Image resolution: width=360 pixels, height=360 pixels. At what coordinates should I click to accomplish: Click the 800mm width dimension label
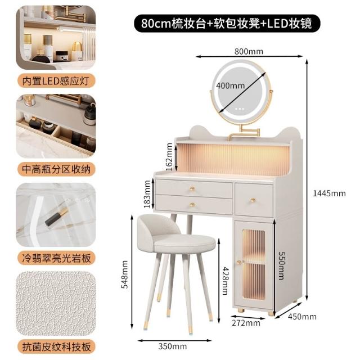coord(249,51)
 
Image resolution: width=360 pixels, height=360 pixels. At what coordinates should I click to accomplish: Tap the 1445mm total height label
coord(329,193)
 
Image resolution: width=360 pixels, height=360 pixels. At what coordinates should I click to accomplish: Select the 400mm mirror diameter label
coord(230,85)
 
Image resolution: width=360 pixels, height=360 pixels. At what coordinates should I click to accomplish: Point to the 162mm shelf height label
coord(169,156)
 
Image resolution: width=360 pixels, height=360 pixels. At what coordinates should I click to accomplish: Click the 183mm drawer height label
coord(147,194)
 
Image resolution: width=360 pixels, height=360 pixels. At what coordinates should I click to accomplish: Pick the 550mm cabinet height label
coord(282,265)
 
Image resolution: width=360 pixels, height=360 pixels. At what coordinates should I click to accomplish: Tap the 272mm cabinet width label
coord(246,323)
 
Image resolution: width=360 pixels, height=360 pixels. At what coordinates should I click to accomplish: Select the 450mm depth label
coord(302,317)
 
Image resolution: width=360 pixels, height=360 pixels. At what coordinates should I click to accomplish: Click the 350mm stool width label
coord(173,346)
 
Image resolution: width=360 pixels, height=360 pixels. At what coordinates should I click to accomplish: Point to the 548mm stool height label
coord(125,274)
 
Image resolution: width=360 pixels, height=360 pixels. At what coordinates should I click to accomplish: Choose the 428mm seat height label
coord(225,281)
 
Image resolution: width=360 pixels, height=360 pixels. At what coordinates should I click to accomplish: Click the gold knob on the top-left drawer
coord(192,189)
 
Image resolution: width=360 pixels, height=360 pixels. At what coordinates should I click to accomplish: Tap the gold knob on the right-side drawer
coord(253,200)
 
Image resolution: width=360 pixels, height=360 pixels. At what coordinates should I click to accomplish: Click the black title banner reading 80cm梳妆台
coord(227,23)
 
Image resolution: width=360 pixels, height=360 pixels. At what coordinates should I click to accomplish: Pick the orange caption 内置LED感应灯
coord(56,80)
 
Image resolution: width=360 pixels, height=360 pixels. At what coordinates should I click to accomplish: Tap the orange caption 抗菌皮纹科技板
coord(56,346)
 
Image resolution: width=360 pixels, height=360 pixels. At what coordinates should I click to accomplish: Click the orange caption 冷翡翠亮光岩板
coord(56,258)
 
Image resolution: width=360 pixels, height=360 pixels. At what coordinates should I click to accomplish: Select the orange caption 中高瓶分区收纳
coord(56,169)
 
